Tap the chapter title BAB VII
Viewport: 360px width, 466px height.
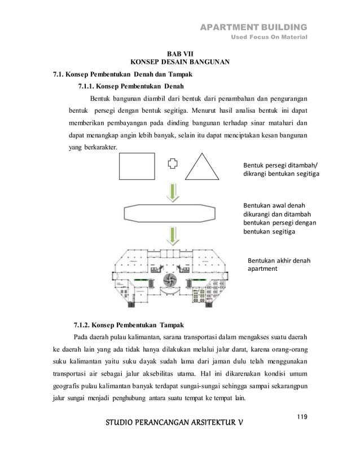pyautogui.click(x=179, y=55)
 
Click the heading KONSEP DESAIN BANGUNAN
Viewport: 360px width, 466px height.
pyautogui.click(x=179, y=64)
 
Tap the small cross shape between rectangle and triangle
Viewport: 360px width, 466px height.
pyautogui.click(x=173, y=164)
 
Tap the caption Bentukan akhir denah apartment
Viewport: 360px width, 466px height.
pyautogui.click(x=279, y=265)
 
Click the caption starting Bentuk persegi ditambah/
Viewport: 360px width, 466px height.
pyautogui.click(x=280, y=170)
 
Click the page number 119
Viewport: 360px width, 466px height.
pyautogui.click(x=301, y=417)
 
